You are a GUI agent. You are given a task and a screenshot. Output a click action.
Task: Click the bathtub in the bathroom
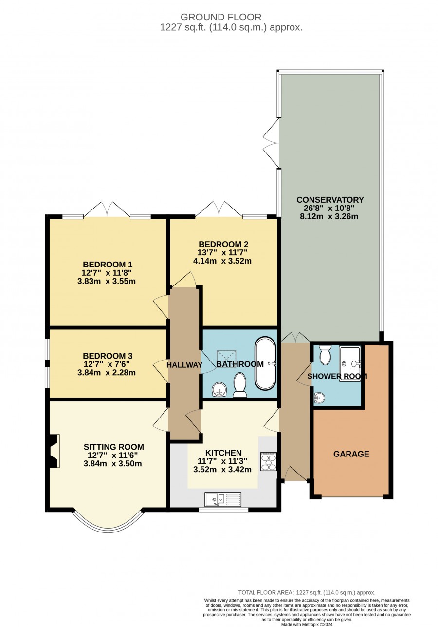265,363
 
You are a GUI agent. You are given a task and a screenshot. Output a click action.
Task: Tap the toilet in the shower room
325,355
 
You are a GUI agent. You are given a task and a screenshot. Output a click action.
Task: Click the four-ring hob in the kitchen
268,461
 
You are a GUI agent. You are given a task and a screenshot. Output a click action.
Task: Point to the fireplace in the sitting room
54,451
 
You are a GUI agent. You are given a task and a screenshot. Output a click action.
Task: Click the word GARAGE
351,454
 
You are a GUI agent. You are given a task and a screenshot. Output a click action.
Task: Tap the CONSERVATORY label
330,200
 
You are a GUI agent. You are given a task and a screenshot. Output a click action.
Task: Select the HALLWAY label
184,365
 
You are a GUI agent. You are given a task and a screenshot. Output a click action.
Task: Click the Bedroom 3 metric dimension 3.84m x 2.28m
106,373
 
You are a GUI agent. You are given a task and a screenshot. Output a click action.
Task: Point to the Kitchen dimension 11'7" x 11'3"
222,461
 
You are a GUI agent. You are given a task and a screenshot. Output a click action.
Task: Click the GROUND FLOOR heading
220,18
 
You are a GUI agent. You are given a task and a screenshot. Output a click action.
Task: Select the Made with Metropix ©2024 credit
307,624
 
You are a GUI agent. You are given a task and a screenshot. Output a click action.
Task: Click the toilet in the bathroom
240,384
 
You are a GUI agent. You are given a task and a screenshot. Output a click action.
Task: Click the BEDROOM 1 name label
108,264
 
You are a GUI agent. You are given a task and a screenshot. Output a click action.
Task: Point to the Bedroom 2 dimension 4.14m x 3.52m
222,261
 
